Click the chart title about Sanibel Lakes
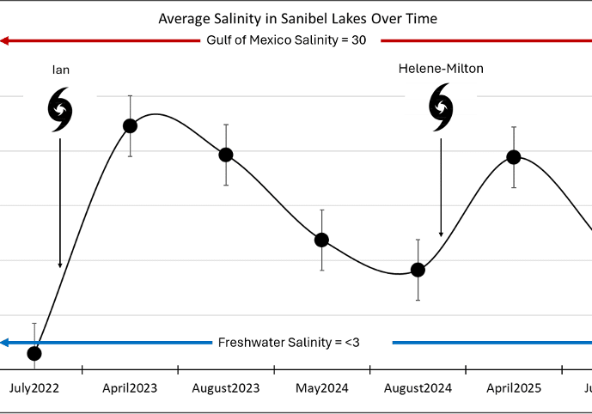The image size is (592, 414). coord(296,18)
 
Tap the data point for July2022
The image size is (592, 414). coord(34,353)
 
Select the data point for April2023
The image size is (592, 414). coord(130,126)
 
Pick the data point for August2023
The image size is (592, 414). coord(226,155)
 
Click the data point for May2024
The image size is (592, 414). coord(321,240)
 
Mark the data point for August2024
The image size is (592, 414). coord(418,270)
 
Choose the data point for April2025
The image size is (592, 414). coord(514,157)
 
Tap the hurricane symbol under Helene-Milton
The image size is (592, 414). coord(441,107)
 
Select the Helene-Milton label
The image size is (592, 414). coord(441,68)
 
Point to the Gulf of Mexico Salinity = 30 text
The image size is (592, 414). coord(286,40)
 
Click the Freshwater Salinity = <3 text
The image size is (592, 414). coord(289,343)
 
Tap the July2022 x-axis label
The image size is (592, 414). coord(34,388)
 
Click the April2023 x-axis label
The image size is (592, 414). coord(130,388)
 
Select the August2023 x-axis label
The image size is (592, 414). coord(226,388)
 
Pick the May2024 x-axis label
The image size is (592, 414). coord(322,388)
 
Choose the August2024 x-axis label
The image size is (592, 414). coord(418,388)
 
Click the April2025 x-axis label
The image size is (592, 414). coord(514,388)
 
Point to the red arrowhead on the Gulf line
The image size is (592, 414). coord(5,40)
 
